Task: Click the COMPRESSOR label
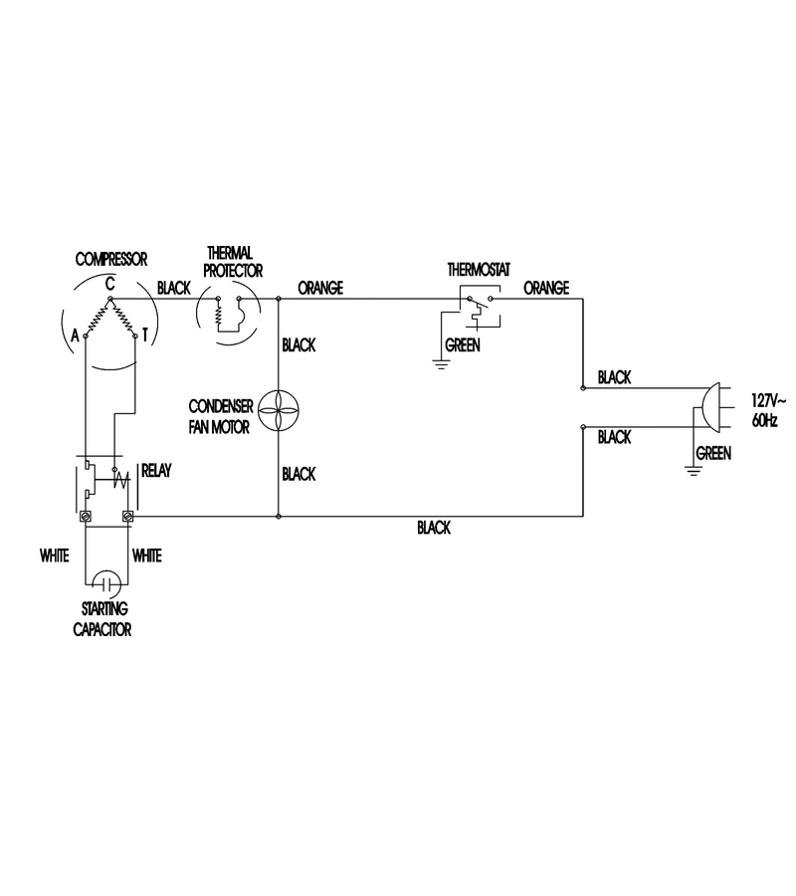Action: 111,260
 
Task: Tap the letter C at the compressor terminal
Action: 109,284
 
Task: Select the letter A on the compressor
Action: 75,336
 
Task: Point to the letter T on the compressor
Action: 145,335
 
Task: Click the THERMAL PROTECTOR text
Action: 233,262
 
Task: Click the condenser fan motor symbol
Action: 278,410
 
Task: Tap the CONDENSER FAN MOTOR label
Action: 221,416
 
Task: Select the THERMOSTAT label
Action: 479,270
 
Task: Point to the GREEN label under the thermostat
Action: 463,345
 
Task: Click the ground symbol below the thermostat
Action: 440,364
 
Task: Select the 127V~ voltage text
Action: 768,400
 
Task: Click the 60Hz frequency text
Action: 764,420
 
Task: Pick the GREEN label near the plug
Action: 713,454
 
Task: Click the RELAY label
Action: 156,471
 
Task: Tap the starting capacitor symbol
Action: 106,584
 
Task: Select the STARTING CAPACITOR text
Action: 102,619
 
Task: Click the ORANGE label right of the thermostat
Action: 546,288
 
